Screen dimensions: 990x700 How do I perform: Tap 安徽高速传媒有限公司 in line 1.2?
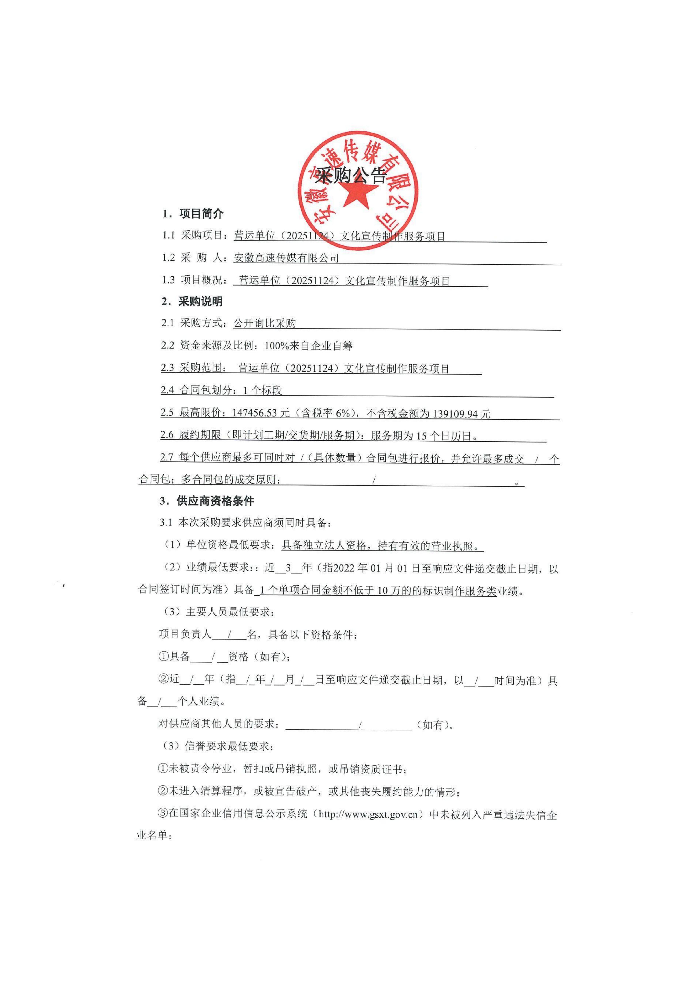tap(286, 258)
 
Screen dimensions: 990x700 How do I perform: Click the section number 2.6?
tap(167, 435)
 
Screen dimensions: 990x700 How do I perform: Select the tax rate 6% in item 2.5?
tap(343, 413)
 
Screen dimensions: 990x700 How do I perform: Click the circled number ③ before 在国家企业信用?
tap(163, 814)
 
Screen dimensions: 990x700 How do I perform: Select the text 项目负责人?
tap(185, 634)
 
